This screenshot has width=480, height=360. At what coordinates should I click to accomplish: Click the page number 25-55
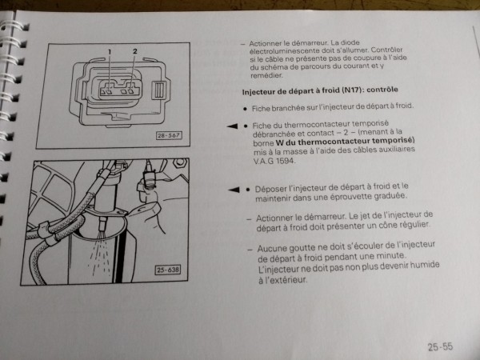440,346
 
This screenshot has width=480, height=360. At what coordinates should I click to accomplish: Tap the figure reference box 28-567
169,136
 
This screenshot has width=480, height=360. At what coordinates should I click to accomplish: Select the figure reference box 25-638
168,270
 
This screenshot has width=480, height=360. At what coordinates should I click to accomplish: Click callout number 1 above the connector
110,52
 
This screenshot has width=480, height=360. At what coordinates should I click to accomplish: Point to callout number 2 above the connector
135,51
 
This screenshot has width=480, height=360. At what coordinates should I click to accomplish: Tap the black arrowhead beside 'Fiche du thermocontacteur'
232,126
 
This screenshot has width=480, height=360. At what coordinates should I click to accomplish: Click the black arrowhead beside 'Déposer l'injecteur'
234,190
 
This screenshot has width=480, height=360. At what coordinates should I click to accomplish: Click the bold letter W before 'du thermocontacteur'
280,142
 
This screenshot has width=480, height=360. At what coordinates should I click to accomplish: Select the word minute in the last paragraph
390,255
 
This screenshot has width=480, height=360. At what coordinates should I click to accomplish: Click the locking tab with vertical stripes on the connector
159,90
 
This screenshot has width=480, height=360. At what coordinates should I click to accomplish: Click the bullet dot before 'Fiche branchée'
245,109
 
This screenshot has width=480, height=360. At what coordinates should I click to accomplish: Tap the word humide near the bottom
425,265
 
